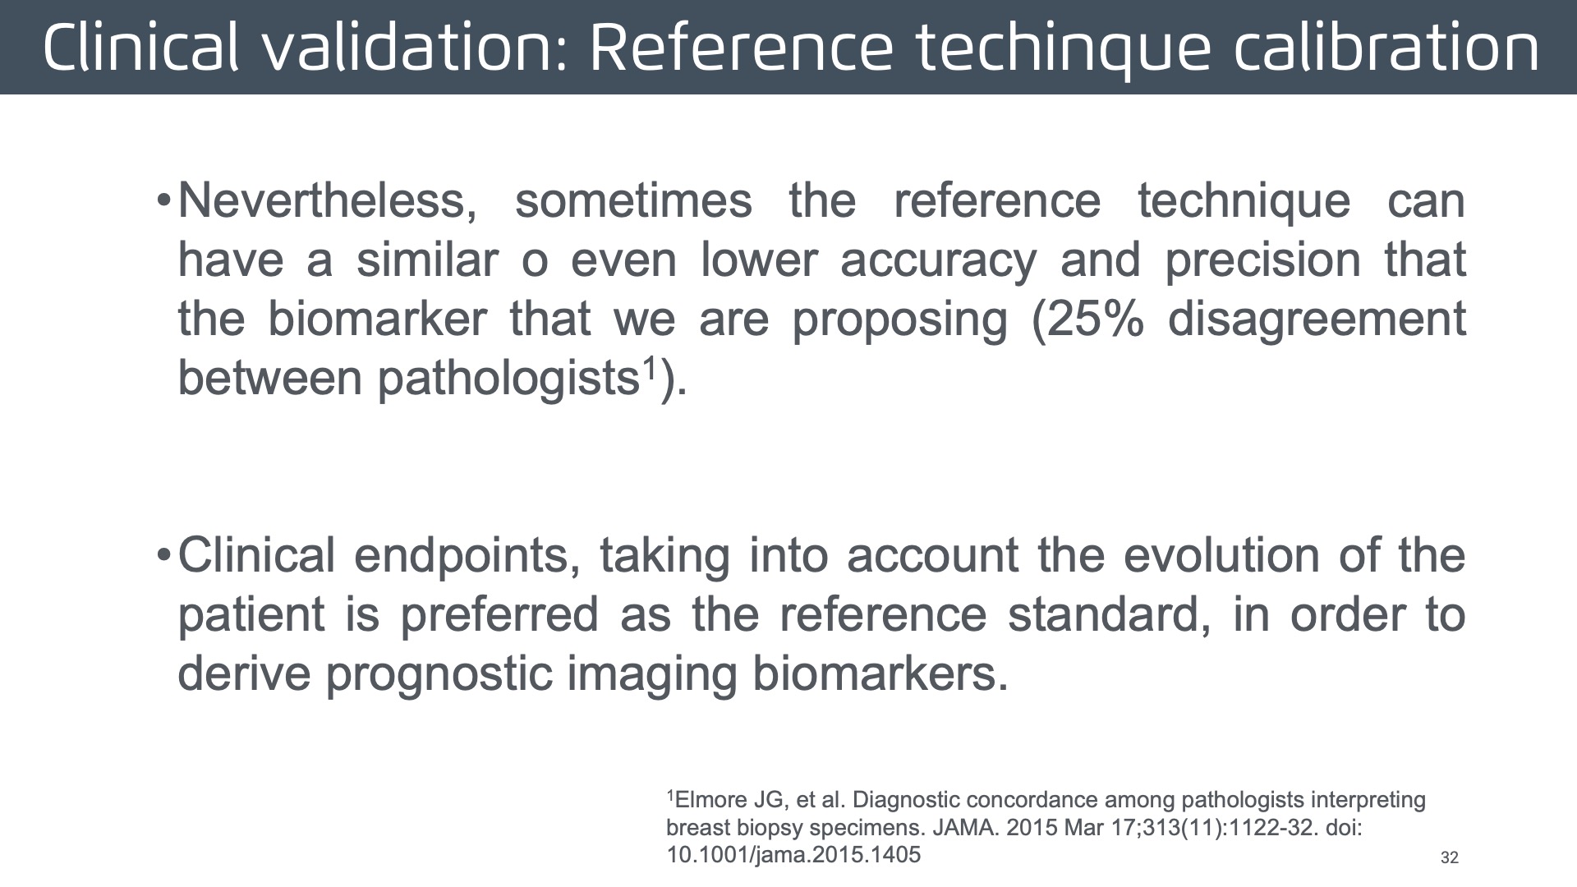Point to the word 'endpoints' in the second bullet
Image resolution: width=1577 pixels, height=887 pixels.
tap(461, 557)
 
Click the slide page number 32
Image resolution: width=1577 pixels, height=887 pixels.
tap(1450, 857)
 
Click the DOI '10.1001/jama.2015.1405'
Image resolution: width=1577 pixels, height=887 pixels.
tap(793, 855)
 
